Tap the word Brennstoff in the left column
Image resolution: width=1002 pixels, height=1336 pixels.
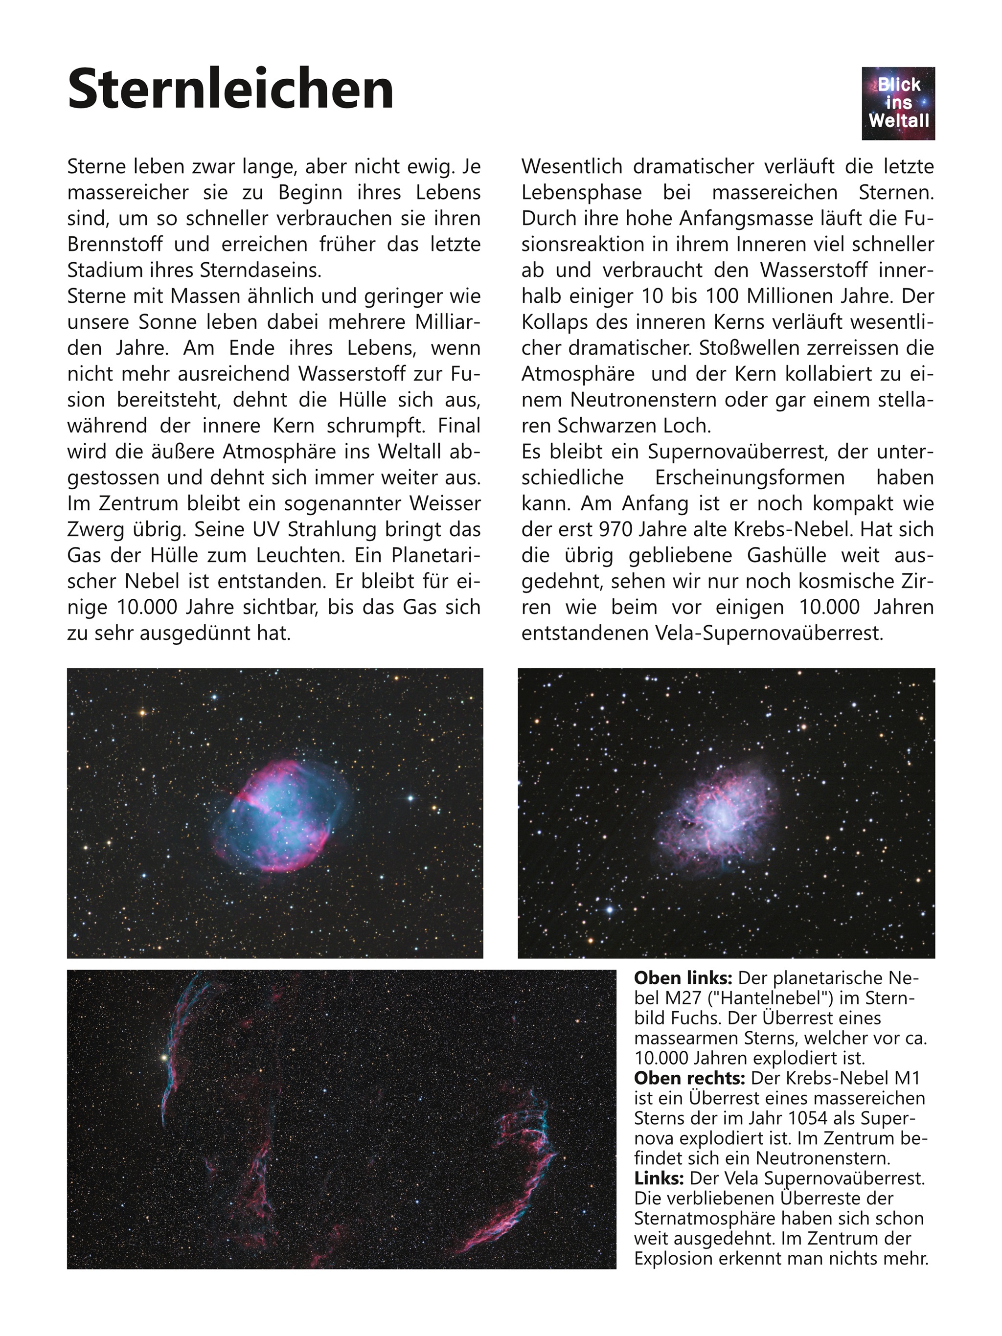[x=115, y=245]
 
